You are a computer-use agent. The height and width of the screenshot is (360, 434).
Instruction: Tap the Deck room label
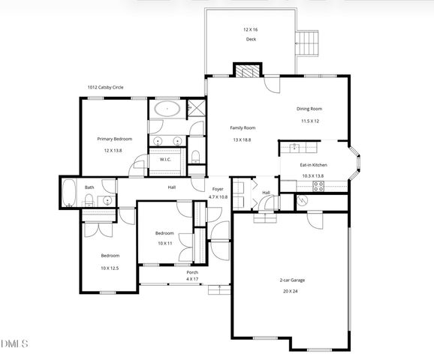point(251,39)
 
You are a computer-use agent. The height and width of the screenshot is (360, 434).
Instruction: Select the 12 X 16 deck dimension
point(251,29)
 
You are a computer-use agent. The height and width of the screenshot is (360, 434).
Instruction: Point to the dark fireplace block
point(246,71)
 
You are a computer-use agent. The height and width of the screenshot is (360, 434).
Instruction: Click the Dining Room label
point(310,109)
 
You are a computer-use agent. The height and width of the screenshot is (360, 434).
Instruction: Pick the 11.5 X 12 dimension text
point(310,121)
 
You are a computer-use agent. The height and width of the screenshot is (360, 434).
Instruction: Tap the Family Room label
point(243,128)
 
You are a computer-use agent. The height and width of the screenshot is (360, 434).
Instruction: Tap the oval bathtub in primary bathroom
point(167,109)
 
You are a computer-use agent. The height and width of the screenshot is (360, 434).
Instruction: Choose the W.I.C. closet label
point(167,159)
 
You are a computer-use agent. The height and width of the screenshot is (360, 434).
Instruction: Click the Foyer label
point(218,188)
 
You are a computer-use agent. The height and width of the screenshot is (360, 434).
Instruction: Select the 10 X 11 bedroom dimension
point(164,244)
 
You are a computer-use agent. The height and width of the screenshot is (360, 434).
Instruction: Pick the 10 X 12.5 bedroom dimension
point(110,268)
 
